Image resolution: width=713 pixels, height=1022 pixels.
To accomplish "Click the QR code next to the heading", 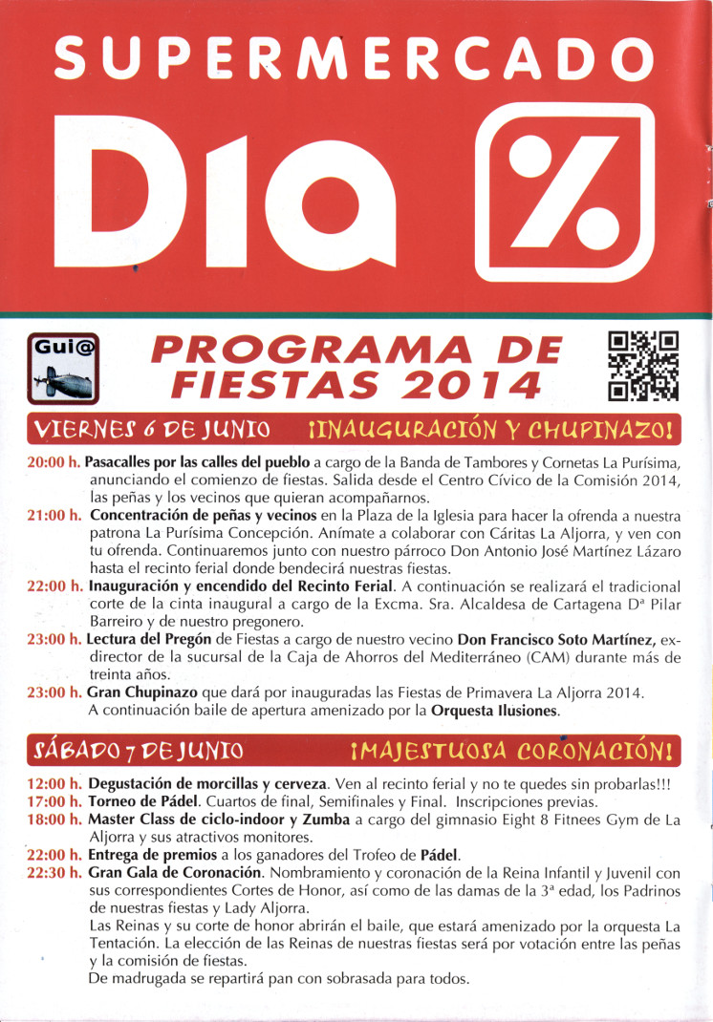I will [643, 365].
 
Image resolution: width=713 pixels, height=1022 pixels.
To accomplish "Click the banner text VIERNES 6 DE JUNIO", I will [151, 427].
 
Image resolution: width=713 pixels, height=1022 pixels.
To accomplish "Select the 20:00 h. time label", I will [54, 461].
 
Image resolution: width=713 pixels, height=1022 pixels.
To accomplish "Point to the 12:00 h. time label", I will [54, 784].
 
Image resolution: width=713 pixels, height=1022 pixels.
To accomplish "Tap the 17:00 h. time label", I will [54, 801].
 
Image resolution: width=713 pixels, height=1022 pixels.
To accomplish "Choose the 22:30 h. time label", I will [54, 873].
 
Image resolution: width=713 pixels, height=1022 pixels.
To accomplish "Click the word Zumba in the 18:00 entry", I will [329, 820].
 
